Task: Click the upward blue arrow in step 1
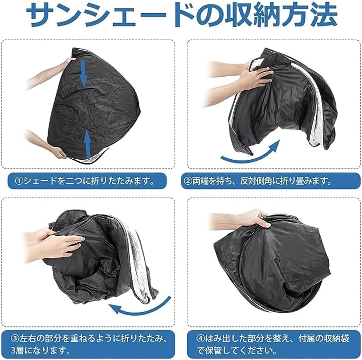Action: (x=87, y=142)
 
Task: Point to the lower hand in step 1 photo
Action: (x=57, y=151)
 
